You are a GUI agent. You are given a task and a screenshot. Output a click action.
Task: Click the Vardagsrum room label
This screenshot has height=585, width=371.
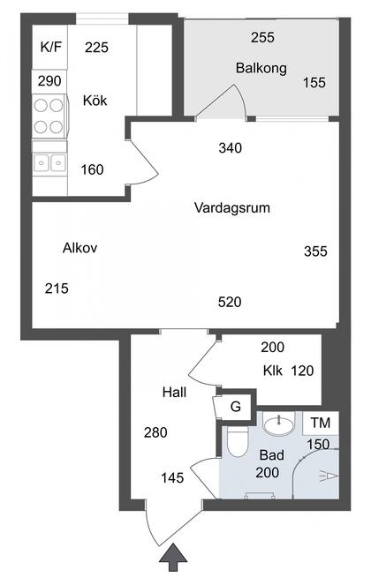tap(232, 208)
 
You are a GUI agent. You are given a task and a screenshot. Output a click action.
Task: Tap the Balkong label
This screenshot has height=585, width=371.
tap(261, 68)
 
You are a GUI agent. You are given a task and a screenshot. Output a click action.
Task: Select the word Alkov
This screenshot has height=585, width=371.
tap(80, 248)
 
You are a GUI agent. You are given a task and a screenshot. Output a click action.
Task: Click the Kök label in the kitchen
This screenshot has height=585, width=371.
tap(95, 101)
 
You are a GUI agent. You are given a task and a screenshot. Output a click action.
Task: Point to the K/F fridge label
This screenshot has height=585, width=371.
tap(51, 48)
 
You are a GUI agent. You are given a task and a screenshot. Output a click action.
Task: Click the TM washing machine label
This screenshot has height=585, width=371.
tap(321, 423)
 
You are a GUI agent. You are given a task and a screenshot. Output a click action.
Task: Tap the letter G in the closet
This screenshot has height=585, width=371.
tap(236, 406)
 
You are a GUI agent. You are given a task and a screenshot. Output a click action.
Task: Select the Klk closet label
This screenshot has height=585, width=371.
tap(273, 371)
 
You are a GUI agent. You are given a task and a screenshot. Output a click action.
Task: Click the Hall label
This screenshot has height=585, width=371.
tap(175, 393)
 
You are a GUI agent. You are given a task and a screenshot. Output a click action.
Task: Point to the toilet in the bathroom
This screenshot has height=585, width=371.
tap(238, 442)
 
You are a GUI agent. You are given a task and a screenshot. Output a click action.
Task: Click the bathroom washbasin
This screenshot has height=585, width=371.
tap(278, 424)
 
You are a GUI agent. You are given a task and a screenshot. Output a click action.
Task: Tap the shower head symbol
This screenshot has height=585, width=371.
tap(329, 476)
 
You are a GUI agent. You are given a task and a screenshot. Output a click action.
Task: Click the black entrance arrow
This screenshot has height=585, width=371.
tap(172, 558)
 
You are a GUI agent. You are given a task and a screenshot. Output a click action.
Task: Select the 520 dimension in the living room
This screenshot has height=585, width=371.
tap(230, 302)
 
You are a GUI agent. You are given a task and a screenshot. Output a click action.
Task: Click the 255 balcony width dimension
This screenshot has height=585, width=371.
tap(262, 37)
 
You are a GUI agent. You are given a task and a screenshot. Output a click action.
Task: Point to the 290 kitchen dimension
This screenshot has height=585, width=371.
tap(49, 81)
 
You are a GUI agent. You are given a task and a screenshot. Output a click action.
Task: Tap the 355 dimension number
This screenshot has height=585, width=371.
tap(315, 251)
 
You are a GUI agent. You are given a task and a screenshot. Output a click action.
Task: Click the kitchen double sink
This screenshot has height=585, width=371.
tap(49, 163)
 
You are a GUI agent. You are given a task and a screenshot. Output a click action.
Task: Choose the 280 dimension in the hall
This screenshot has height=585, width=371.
tap(155, 432)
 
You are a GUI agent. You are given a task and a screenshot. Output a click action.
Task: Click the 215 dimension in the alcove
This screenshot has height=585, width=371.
tap(57, 289)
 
